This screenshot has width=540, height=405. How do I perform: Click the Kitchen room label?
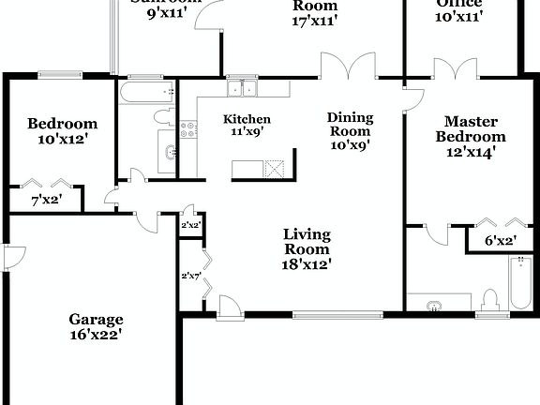[247, 126]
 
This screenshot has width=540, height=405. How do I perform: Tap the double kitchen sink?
[243, 89]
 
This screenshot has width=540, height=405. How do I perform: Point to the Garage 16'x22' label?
[97, 325]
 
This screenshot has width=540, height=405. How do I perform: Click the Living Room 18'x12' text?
[307, 249]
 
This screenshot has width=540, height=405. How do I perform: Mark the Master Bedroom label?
[470, 137]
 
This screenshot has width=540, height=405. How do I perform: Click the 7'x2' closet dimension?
[46, 200]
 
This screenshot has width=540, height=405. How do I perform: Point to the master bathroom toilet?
[487, 301]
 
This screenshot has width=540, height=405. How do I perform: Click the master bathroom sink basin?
[433, 305]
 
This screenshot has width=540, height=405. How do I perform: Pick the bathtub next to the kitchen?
[146, 92]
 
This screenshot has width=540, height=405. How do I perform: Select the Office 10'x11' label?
[458, 9]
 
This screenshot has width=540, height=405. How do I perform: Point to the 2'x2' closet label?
[189, 226]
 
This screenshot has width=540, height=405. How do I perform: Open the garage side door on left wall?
[12, 255]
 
